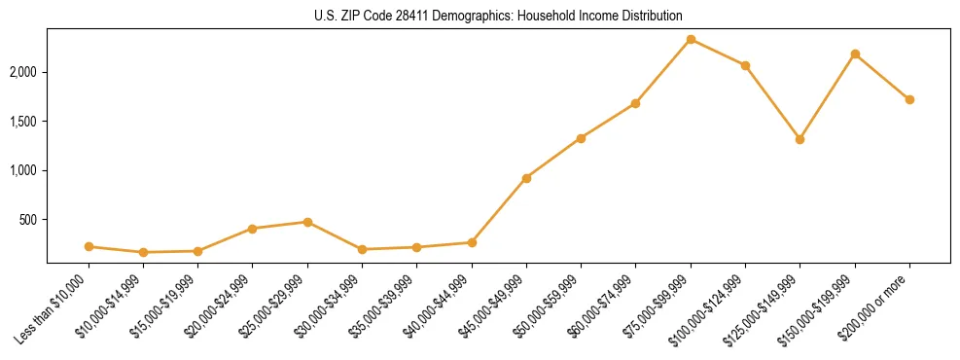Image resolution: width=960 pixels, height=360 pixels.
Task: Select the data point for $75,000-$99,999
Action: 691,40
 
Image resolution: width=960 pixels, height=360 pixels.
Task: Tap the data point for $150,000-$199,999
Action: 855,54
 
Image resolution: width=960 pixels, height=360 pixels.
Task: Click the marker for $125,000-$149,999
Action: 800,139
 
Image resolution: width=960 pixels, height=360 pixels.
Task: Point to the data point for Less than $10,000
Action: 89,247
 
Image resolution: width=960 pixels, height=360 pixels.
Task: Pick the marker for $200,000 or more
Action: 909,99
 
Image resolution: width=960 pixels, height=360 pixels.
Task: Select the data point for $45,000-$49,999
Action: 526,178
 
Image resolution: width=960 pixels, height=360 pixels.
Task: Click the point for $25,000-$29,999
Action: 307,222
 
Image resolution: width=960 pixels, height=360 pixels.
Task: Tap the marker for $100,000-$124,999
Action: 745,65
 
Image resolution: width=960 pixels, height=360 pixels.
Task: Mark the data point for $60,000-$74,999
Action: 635,103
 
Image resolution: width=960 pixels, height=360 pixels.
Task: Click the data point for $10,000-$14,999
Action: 143,252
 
